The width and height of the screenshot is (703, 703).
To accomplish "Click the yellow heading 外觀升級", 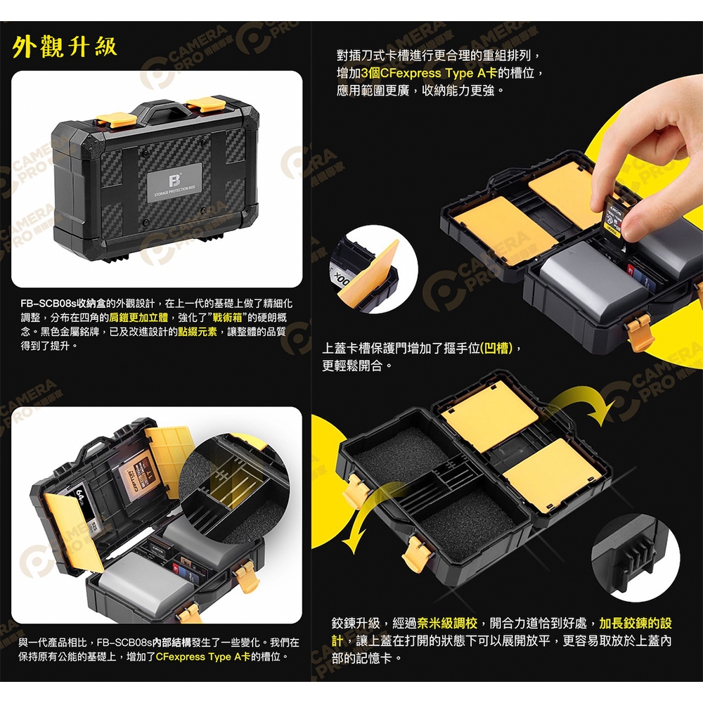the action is click(65, 46).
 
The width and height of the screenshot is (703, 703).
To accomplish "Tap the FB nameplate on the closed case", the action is click(175, 183).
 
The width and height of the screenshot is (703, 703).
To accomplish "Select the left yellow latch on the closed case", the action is click(116, 120).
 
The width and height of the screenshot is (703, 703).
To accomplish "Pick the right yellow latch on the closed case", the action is click(206, 104).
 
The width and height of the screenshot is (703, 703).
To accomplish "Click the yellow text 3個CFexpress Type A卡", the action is click(429, 72).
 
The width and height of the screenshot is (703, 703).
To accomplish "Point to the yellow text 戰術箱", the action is click(227, 318).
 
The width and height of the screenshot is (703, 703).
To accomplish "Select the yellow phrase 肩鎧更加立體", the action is click(138, 318).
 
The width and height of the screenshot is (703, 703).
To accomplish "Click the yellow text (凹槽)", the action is click(496, 348).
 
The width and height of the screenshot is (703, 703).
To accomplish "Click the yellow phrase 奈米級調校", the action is click(447, 623).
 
